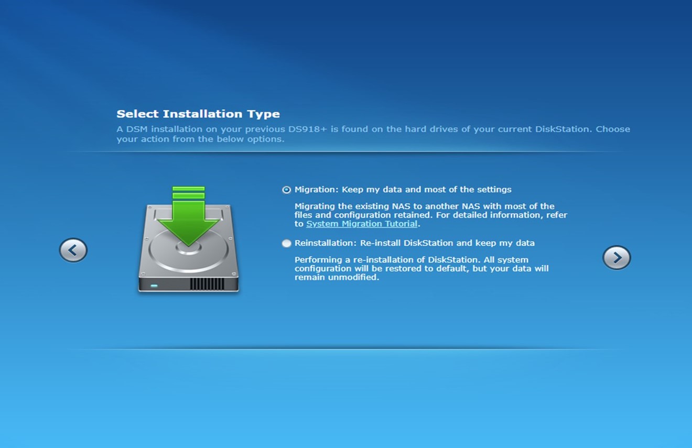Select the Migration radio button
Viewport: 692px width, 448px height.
(286, 190)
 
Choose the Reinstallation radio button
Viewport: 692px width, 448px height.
(286, 243)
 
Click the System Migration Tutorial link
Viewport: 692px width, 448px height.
(362, 224)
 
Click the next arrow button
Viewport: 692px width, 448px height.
(617, 257)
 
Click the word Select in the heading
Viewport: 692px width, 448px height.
(137, 114)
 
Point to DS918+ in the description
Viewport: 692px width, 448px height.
(307, 129)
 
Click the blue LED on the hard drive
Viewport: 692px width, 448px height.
(154, 286)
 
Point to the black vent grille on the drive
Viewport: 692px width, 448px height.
(207, 284)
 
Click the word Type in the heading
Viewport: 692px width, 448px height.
(263, 114)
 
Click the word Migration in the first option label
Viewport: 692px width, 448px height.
(312, 190)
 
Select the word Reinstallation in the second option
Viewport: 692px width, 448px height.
(326, 243)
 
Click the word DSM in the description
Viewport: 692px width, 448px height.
(137, 129)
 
